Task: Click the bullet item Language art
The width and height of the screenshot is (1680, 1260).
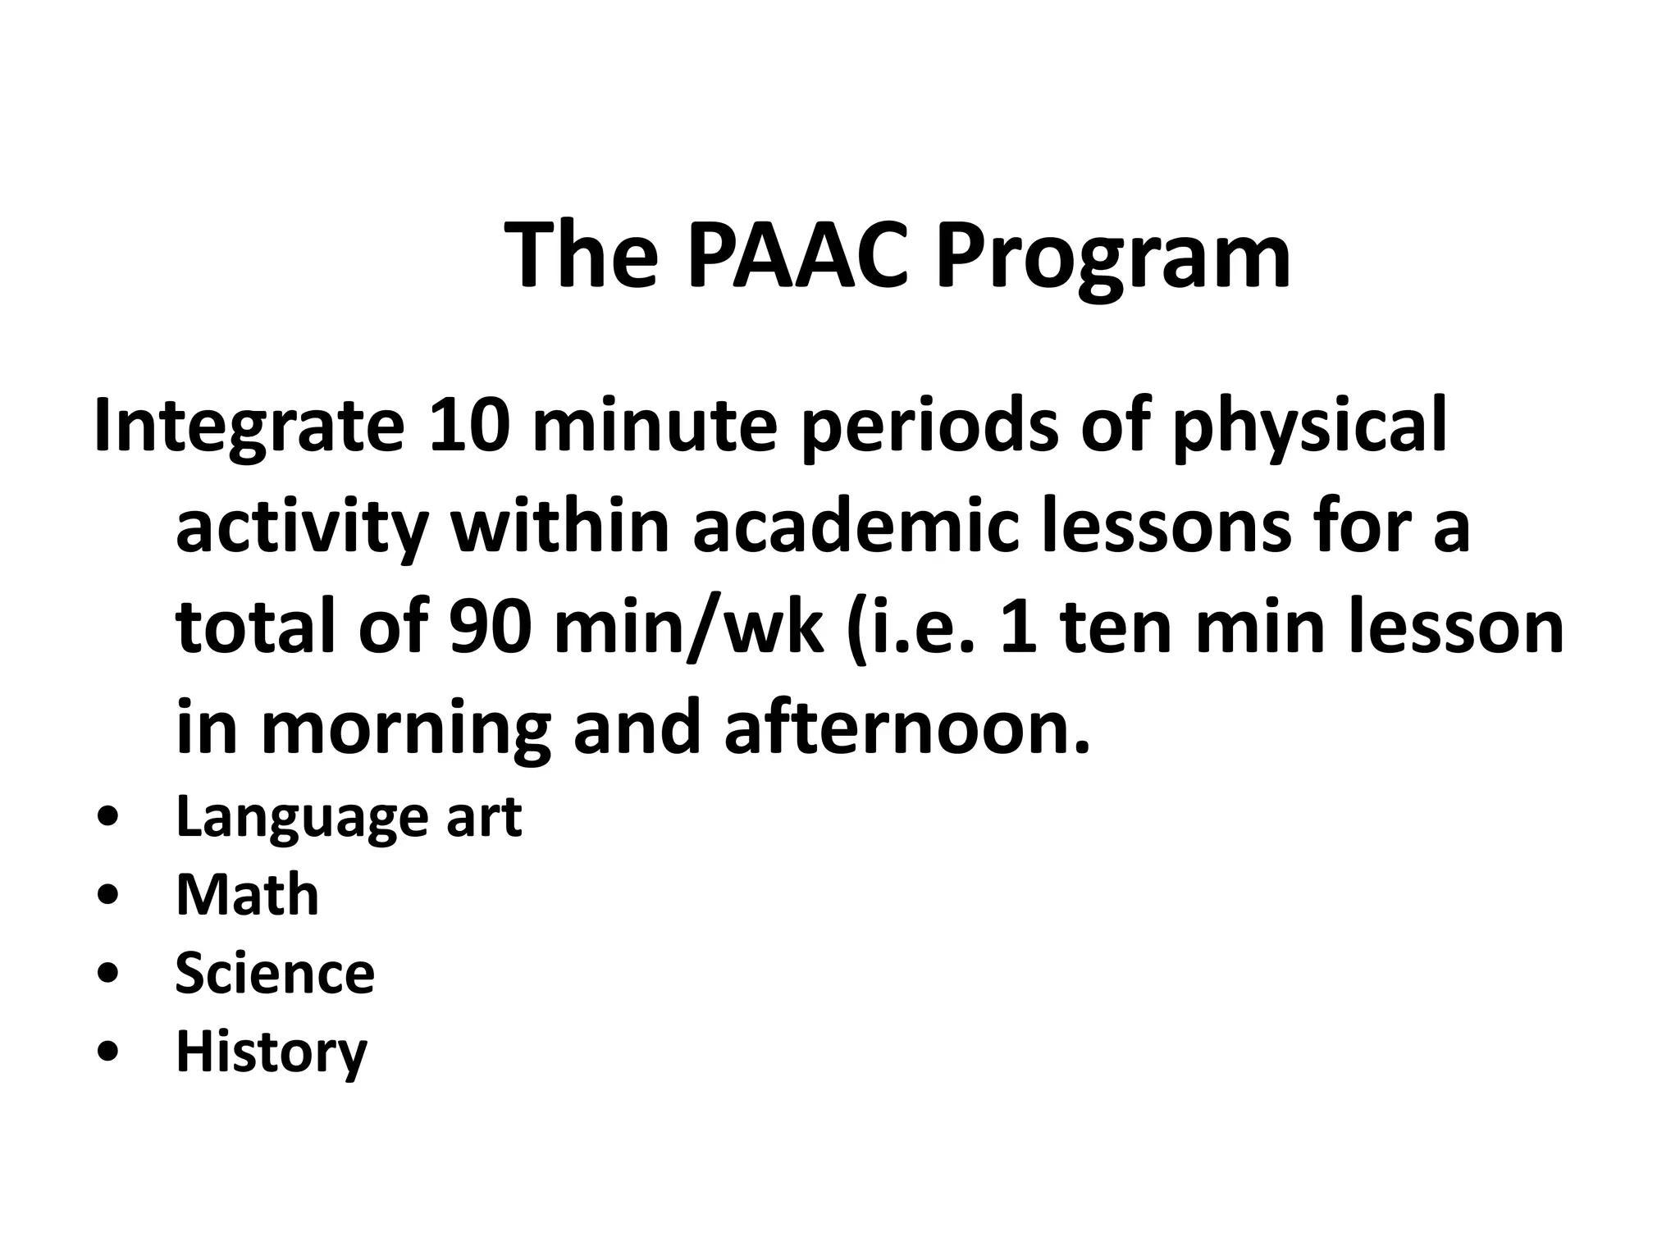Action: coord(349,817)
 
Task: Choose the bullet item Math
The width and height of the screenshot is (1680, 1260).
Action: coord(247,895)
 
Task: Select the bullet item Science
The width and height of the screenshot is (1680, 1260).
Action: coord(275,974)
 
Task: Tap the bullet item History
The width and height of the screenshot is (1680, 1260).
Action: coord(272,1052)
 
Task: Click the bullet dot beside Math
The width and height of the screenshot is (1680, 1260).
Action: coord(108,897)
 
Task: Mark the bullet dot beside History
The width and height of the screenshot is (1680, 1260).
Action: coord(108,1052)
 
